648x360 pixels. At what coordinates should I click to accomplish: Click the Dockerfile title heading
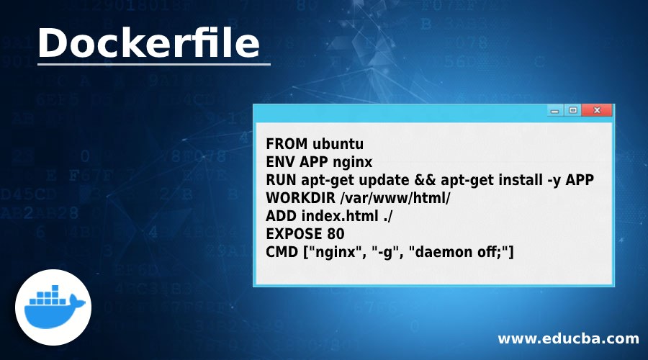click(x=149, y=43)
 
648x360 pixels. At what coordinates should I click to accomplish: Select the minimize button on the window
click(x=555, y=111)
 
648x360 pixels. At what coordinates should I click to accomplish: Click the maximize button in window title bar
click(x=573, y=111)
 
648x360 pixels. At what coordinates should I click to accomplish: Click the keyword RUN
click(x=280, y=179)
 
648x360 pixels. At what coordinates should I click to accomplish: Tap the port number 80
click(x=335, y=234)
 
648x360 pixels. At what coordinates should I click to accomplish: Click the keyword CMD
click(x=281, y=252)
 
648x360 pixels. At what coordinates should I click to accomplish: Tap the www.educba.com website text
click(x=568, y=338)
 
